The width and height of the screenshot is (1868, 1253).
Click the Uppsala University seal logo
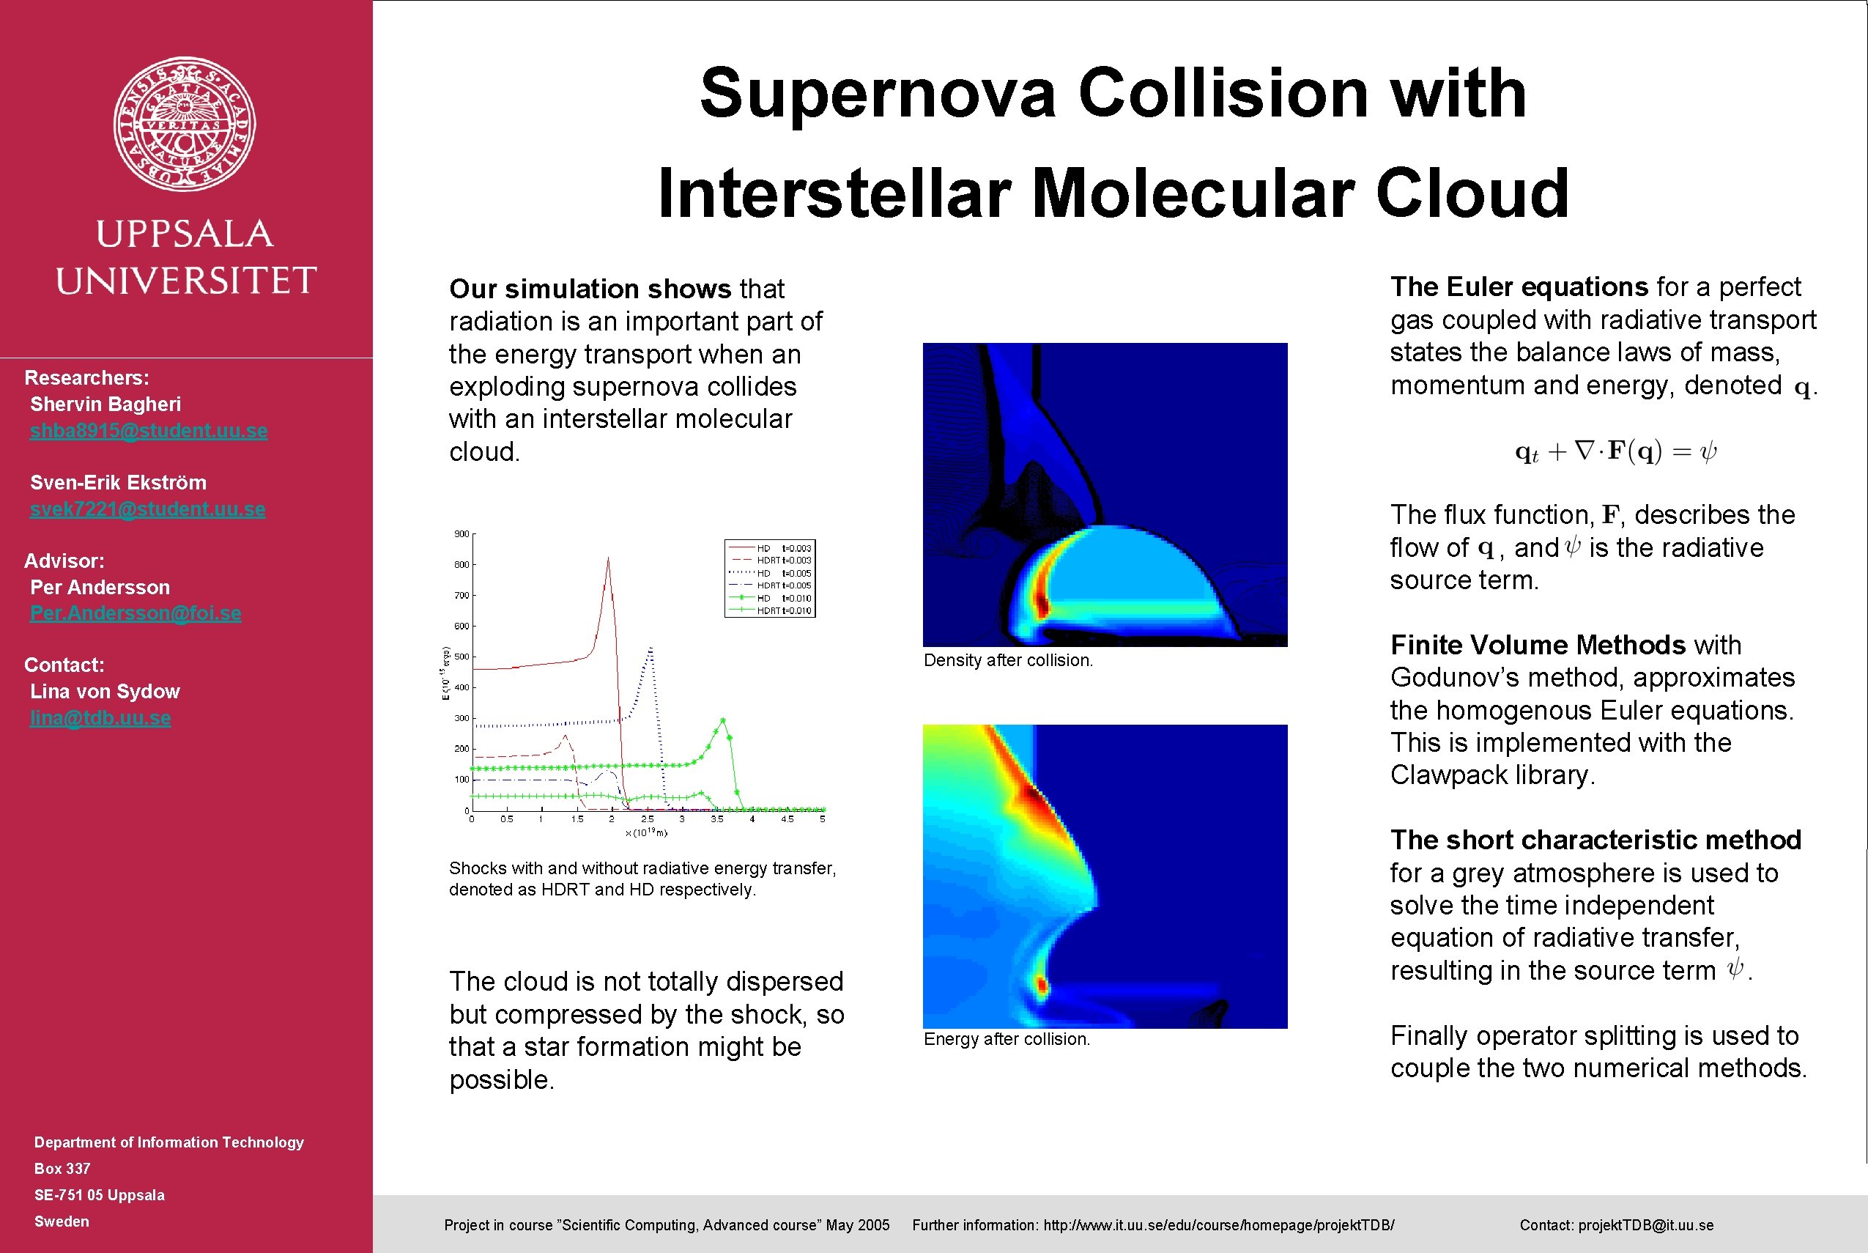click(x=185, y=124)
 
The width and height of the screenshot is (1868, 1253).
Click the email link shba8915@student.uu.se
click(x=149, y=431)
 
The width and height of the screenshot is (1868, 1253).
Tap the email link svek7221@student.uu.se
click(x=148, y=509)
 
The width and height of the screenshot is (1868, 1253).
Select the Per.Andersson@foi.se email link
click(x=136, y=613)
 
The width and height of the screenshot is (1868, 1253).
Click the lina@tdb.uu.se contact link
click(x=100, y=717)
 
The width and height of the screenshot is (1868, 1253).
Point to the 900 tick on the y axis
click(x=462, y=533)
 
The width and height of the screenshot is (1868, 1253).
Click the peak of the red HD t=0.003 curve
click(x=608, y=559)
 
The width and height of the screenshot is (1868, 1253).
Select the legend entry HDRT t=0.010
click(x=783, y=610)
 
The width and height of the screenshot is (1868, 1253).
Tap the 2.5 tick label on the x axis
click(x=647, y=819)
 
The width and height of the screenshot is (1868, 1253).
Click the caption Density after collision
click(x=1007, y=660)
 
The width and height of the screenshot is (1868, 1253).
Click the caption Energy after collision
click(x=1006, y=1039)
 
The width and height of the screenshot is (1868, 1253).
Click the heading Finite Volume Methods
click(x=1537, y=645)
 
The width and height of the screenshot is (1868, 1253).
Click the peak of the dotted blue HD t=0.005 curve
click(x=651, y=649)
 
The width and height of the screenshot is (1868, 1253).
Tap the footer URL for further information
click(x=1218, y=1225)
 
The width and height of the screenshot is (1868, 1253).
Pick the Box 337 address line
click(x=62, y=1168)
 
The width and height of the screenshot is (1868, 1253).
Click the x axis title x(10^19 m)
click(x=645, y=832)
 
